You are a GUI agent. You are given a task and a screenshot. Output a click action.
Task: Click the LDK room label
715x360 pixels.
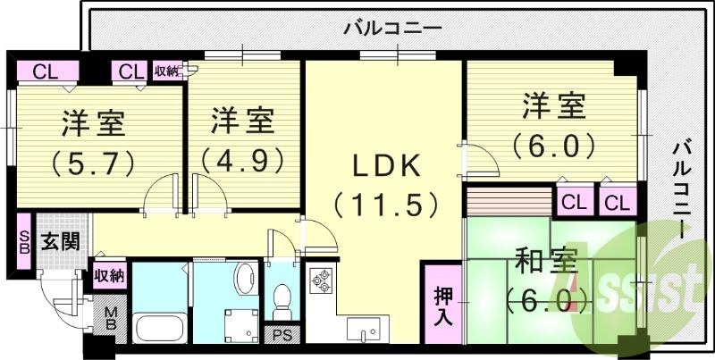click(385, 166)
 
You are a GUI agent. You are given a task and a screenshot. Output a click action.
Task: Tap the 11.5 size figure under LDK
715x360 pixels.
click(386, 205)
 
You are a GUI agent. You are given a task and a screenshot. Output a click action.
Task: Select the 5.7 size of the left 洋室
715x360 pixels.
click(93, 162)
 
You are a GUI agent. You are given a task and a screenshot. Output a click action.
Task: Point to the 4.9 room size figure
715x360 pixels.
click(243, 159)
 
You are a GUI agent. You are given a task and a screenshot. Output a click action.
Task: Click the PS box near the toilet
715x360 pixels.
click(283, 336)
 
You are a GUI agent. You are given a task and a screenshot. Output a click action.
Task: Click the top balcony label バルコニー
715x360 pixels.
click(393, 29)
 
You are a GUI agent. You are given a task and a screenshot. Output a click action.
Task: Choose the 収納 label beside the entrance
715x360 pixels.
click(109, 274)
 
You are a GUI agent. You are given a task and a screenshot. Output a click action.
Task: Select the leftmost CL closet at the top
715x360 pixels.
click(42, 71)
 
